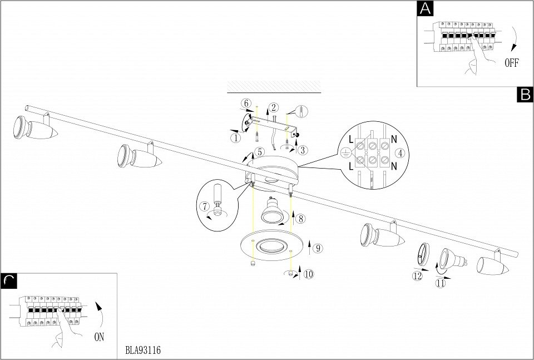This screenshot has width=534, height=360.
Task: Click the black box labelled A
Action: (425, 8)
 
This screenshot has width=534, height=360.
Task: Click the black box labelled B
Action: (525, 95)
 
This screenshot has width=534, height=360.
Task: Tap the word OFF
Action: (511, 63)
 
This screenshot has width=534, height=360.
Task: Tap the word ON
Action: (99, 337)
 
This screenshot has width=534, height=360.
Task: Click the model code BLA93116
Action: (143, 350)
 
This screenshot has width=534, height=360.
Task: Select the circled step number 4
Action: (400, 153)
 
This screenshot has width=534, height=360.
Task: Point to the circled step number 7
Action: (205, 206)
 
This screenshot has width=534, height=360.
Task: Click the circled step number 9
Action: (318, 248)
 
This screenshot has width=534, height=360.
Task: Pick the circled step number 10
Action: (309, 274)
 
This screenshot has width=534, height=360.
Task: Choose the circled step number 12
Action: (417, 276)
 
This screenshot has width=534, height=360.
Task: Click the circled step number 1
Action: (235, 138)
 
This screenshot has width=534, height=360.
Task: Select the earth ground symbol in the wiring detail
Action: (345, 153)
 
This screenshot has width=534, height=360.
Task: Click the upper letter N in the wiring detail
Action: (394, 139)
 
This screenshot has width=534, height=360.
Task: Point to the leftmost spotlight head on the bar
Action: (34, 128)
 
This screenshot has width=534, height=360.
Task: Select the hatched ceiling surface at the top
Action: (274, 86)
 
